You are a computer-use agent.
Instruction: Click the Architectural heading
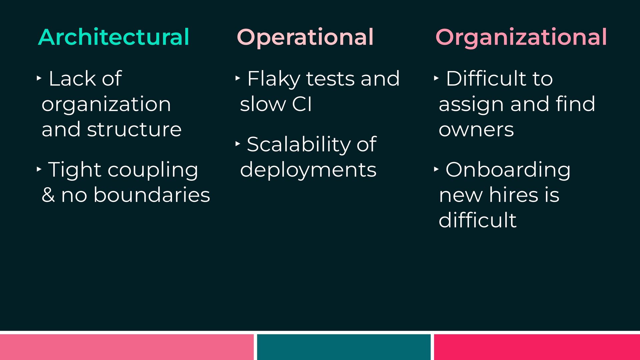pyautogui.click(x=114, y=37)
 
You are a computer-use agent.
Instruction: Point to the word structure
pyautogui.click(x=134, y=129)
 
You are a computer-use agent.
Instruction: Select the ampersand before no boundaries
pyautogui.click(x=48, y=195)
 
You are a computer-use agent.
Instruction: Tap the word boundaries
pyautogui.click(x=152, y=195)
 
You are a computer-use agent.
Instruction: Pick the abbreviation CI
pyautogui.click(x=302, y=104)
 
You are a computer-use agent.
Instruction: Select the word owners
pyautogui.click(x=476, y=130)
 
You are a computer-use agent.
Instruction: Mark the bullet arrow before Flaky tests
pyautogui.click(x=238, y=78)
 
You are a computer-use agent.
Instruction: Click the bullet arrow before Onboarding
pyautogui.click(x=436, y=169)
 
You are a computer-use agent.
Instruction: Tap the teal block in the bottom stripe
pyautogui.click(x=344, y=347)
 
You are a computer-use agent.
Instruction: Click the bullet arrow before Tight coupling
pyautogui.click(x=39, y=169)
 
